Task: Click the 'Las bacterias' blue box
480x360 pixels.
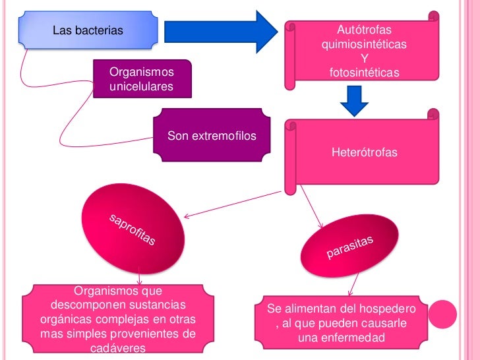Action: point(90,30)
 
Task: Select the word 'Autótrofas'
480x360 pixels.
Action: point(363,30)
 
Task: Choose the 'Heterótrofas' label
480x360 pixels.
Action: point(364,153)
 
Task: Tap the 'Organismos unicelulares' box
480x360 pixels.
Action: point(142,79)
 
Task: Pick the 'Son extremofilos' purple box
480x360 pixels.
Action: point(211,137)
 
